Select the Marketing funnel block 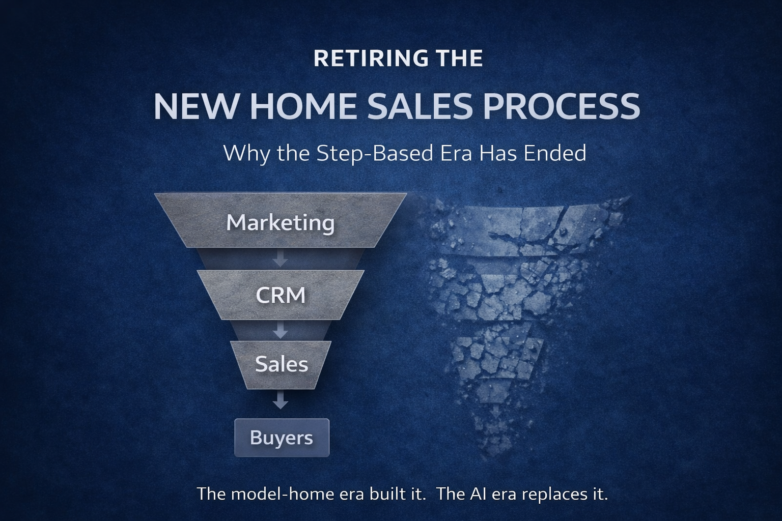(x=281, y=222)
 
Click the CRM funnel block (x=281, y=295)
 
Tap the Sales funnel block (x=281, y=364)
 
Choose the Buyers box (x=282, y=438)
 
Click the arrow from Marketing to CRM (x=280, y=258)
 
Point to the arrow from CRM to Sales (x=280, y=331)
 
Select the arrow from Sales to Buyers (x=280, y=401)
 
